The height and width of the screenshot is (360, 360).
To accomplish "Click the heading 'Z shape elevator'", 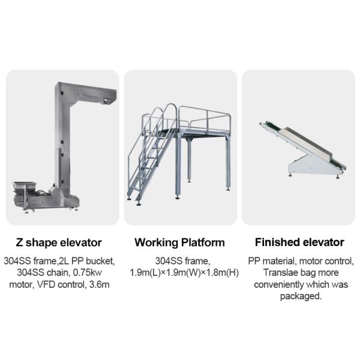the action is pos(59,242).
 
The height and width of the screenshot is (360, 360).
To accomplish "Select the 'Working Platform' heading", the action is pos(180,242).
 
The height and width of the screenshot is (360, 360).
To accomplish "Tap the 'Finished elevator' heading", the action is pos(299,242).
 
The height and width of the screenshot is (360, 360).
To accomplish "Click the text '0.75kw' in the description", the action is pos(87,273).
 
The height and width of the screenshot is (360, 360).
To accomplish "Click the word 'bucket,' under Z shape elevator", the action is pos(100,261).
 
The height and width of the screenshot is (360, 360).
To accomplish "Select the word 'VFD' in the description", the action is pos(46,284).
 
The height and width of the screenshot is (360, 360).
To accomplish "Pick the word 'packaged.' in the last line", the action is pos(301,296).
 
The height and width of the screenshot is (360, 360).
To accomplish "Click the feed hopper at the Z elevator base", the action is pos(25,185).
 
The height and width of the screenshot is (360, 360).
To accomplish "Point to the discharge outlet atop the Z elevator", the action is pos(106,100).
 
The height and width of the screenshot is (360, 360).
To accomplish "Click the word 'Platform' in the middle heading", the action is pos(203,242).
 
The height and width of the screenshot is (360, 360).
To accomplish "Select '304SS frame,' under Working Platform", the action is pos(183,261).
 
